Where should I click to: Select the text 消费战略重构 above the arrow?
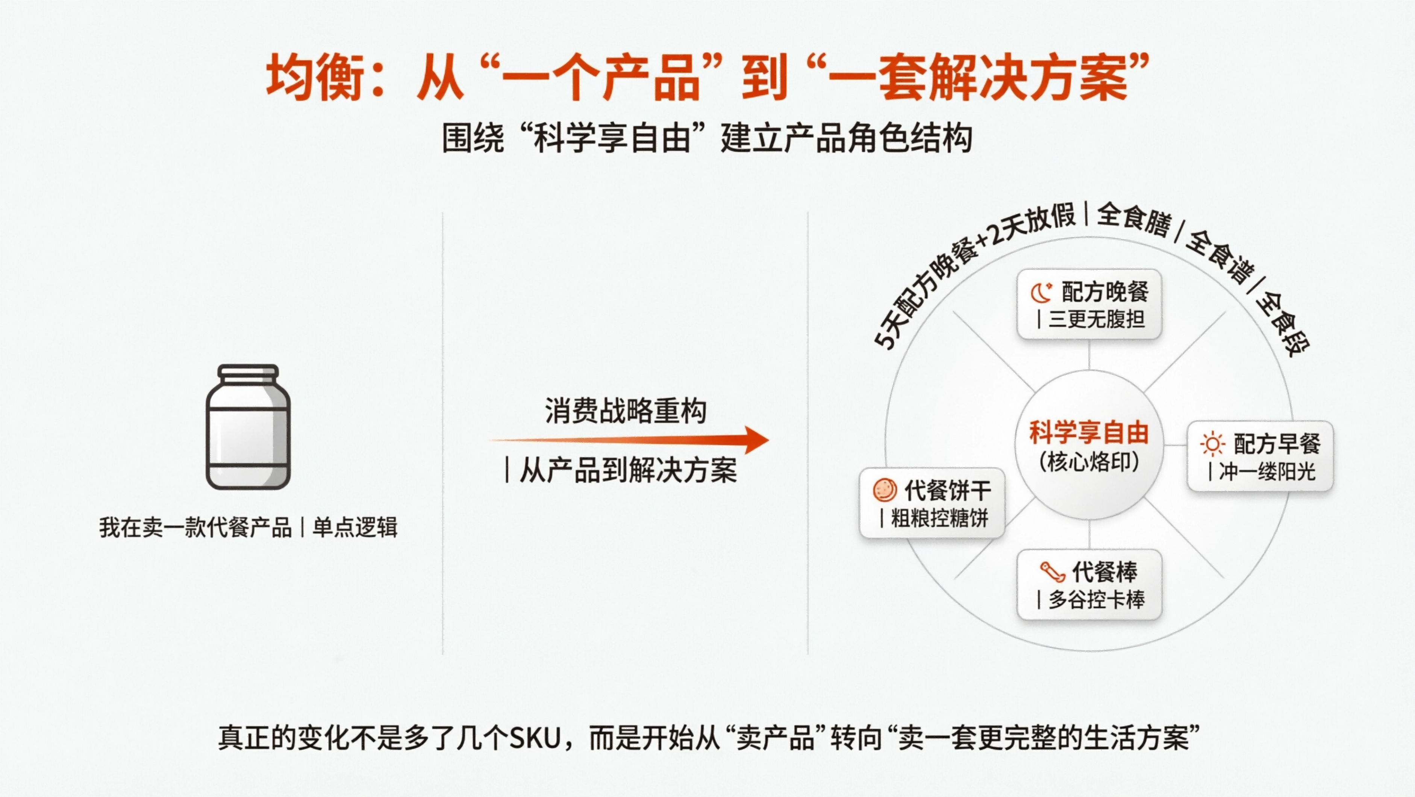click(625, 411)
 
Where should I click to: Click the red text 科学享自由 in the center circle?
click(1089, 433)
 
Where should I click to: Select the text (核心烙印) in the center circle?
click(1089, 462)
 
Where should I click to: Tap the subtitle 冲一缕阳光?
click(1267, 472)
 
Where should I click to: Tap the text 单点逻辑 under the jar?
click(355, 528)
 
